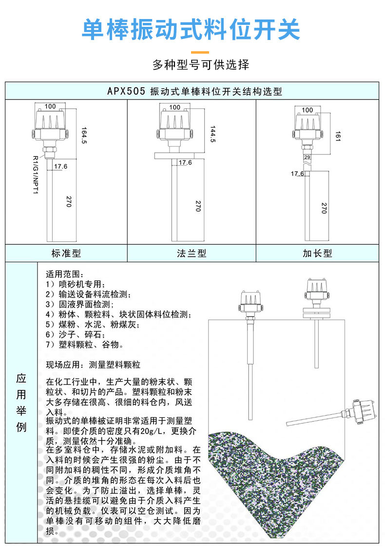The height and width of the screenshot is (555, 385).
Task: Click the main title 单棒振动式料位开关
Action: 191,30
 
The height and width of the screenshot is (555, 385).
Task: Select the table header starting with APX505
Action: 194,91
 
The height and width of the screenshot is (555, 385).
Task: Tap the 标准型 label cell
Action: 66,253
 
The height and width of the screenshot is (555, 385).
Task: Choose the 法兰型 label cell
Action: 192,253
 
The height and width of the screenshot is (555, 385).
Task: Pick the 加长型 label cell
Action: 317,253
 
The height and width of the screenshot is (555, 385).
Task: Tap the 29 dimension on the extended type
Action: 307,158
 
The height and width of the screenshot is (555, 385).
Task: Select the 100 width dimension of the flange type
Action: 177,106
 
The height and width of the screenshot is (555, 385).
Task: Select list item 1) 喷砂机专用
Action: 76,284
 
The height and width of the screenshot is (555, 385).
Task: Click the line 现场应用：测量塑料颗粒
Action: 93,364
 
